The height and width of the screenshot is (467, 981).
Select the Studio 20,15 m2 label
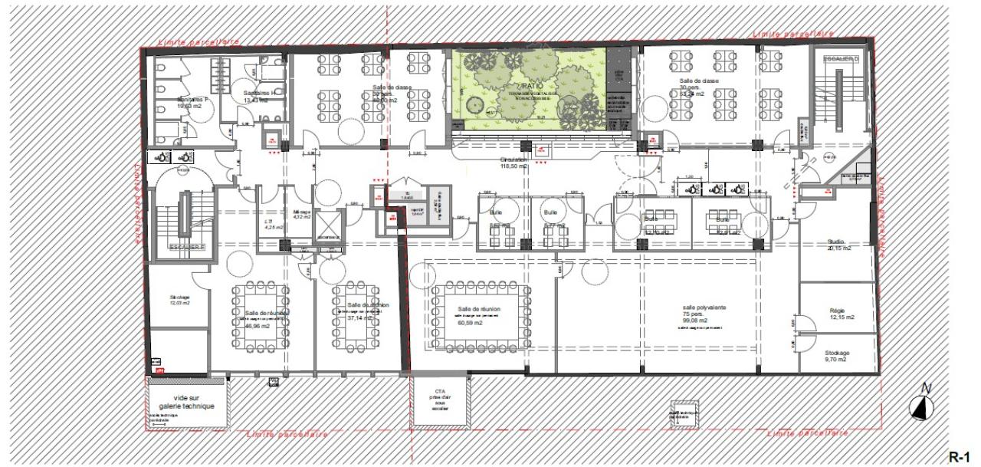(x=838, y=245)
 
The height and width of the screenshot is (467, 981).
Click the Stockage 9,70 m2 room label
(x=837, y=356)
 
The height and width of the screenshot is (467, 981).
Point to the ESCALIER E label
(x=186, y=248)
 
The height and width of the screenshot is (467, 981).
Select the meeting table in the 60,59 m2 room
(x=481, y=316)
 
